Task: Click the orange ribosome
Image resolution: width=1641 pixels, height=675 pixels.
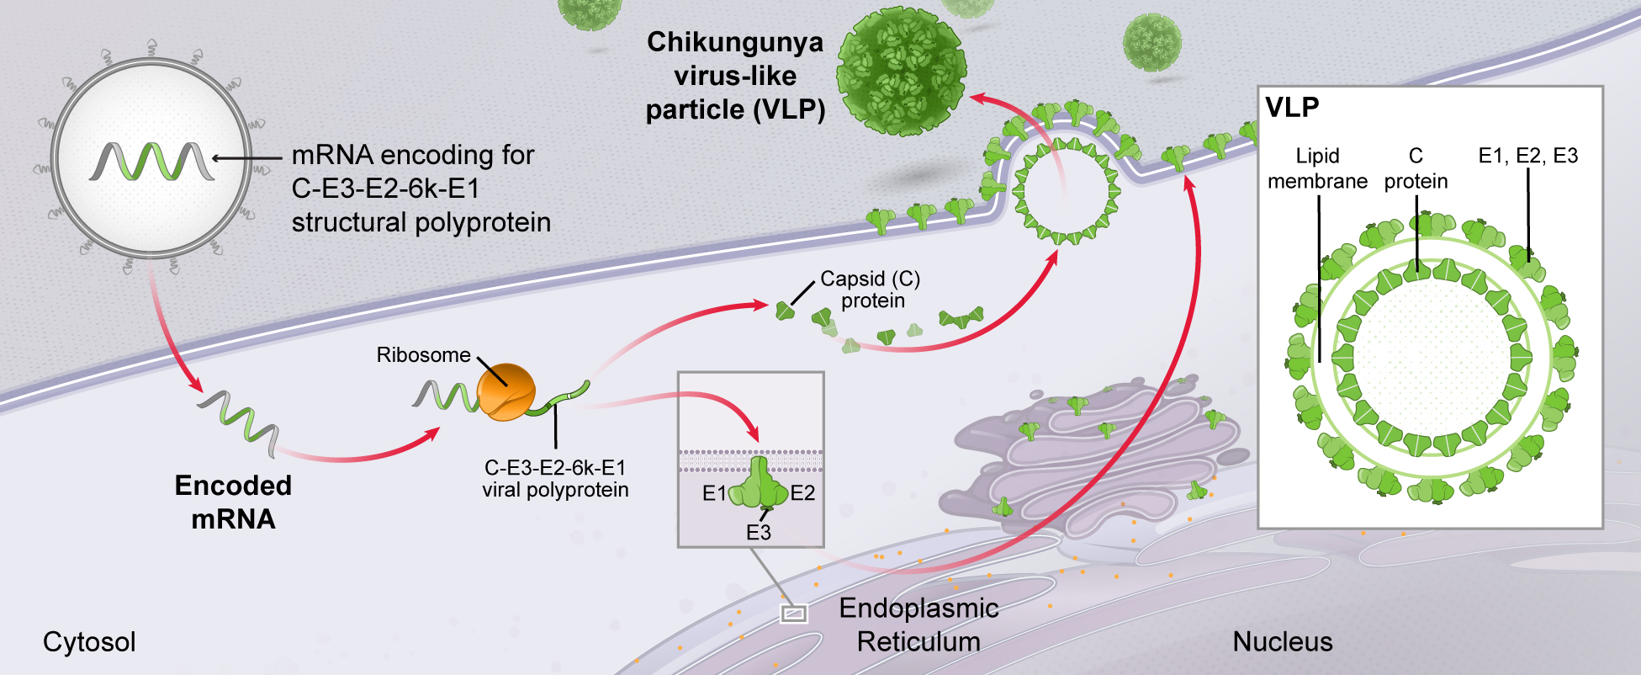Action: (x=506, y=392)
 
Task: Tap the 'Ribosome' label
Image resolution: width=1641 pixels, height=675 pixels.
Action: (x=423, y=355)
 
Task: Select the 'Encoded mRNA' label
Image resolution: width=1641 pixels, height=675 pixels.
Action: (x=233, y=502)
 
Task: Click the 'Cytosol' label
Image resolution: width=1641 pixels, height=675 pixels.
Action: (x=89, y=641)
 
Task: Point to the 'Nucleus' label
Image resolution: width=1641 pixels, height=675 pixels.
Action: (x=1282, y=641)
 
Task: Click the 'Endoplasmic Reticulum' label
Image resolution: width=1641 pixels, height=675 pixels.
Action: (x=918, y=625)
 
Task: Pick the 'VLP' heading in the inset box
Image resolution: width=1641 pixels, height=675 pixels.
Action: (x=1292, y=108)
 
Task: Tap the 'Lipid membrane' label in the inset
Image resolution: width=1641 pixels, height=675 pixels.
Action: (x=1317, y=168)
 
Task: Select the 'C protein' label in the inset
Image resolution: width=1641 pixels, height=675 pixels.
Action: (x=1416, y=168)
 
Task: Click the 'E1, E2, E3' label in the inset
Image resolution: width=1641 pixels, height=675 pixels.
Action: (x=1527, y=156)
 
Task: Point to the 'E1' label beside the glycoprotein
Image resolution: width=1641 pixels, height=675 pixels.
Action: (x=714, y=493)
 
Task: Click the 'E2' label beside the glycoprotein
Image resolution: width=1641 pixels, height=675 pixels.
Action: (x=802, y=493)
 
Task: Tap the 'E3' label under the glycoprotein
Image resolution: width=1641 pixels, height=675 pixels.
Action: (x=758, y=532)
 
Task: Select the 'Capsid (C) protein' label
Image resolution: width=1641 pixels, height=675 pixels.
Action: (x=871, y=290)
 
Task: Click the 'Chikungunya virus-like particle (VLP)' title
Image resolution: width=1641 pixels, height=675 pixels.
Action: (x=735, y=76)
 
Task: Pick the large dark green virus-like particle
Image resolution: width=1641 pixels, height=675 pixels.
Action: (x=902, y=72)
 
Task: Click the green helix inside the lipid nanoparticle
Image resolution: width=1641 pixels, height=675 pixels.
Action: (x=151, y=160)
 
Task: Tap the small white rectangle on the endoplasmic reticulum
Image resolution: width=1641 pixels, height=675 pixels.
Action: (x=793, y=614)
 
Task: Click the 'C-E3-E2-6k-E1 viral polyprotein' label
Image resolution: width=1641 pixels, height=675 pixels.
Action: (x=555, y=478)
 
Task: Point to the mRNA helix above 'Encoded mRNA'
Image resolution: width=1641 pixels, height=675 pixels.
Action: (x=238, y=423)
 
